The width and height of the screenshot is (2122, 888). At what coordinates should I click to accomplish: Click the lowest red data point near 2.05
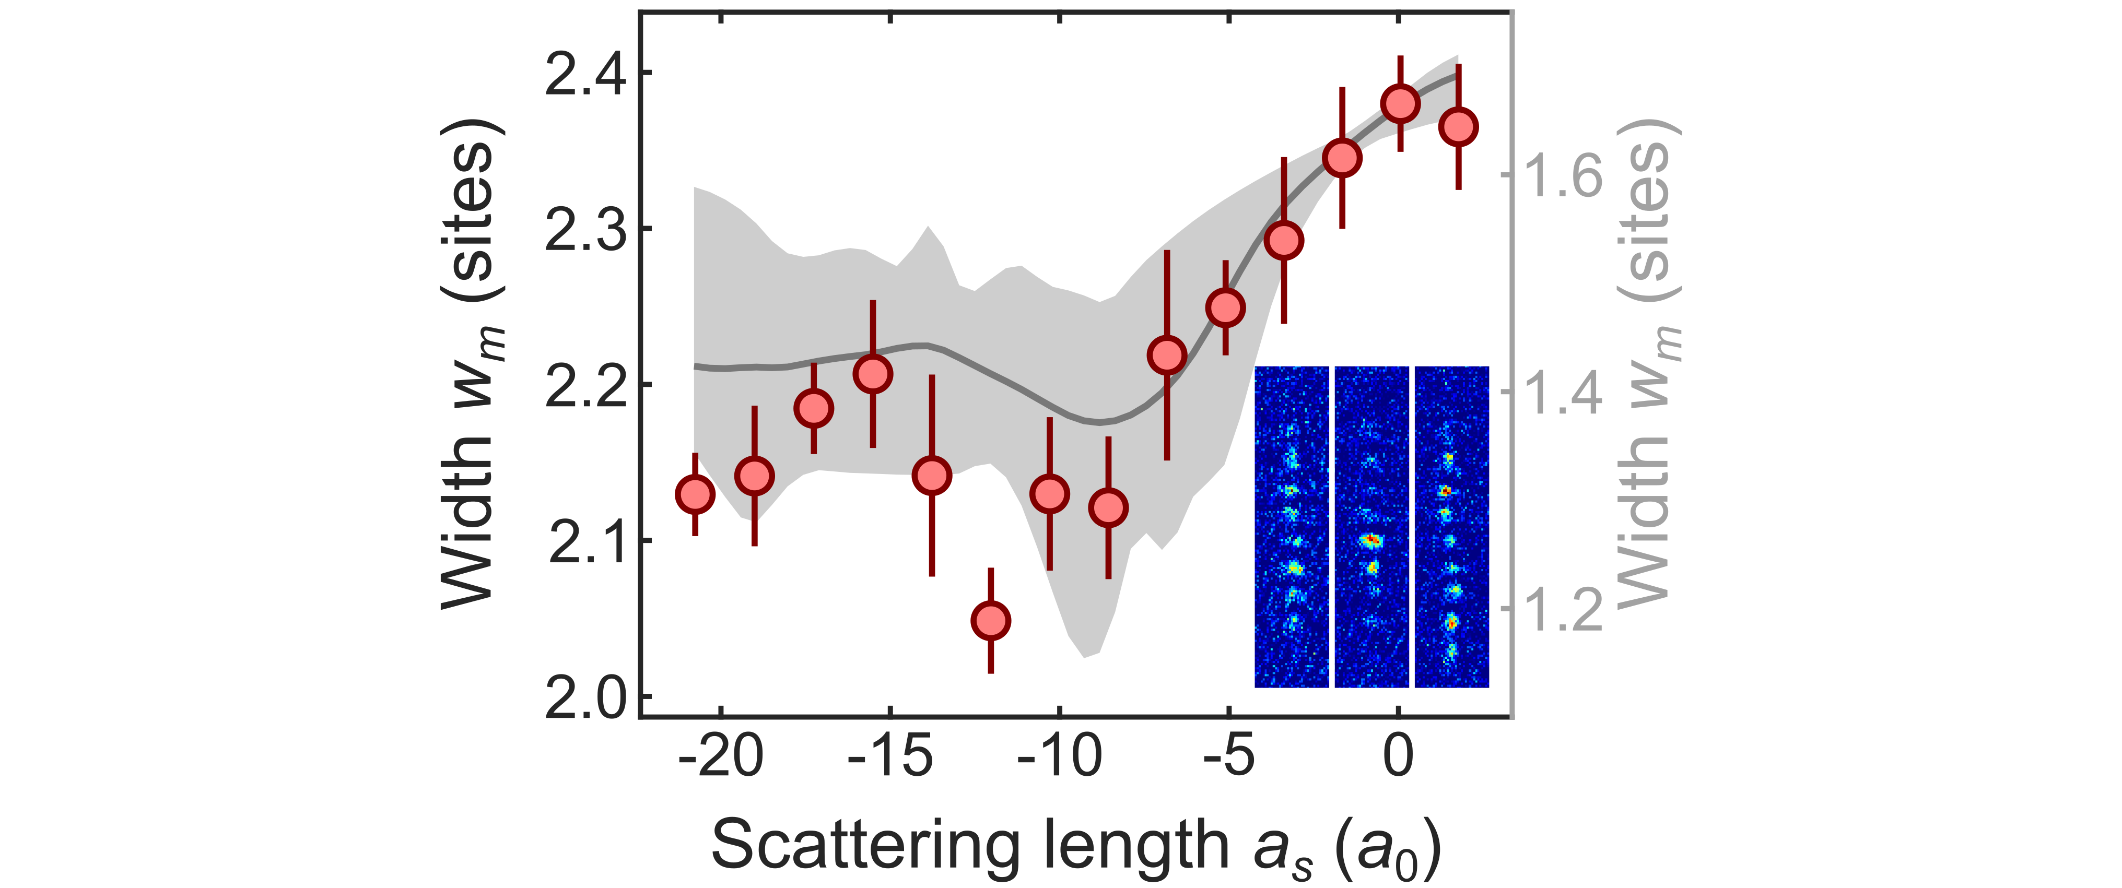[x=990, y=620]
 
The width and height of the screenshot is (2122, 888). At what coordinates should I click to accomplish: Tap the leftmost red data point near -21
[x=695, y=494]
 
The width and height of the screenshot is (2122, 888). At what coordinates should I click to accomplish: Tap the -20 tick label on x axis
[x=721, y=756]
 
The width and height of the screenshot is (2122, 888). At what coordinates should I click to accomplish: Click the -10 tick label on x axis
[x=1059, y=756]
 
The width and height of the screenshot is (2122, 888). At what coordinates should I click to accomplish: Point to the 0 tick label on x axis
[x=1398, y=756]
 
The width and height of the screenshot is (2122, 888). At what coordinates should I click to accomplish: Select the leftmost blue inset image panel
[x=1291, y=527]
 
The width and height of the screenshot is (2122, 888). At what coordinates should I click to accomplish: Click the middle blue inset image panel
[x=1371, y=527]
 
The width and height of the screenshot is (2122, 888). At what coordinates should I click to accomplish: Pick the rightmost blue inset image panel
[x=1451, y=527]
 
